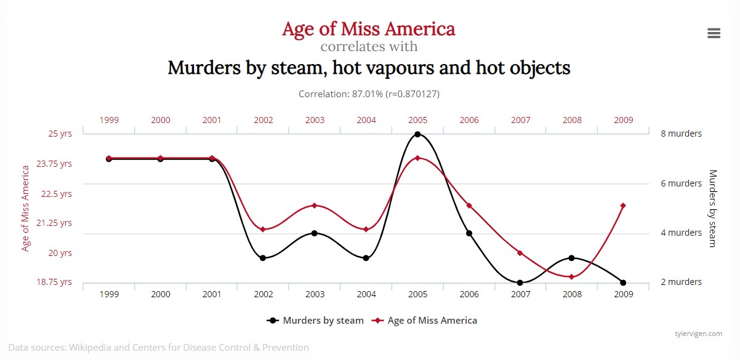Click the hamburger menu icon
pyautogui.click(x=714, y=33)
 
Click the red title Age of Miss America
pyautogui.click(x=368, y=29)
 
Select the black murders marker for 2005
pyautogui.click(x=417, y=134)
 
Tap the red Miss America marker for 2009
pyautogui.click(x=623, y=206)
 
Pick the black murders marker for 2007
pyautogui.click(x=520, y=283)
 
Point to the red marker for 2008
pyautogui.click(x=572, y=277)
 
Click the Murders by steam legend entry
pyautogui.click(x=315, y=321)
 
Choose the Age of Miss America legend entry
pyautogui.click(x=425, y=321)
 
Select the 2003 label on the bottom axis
pyautogui.click(x=315, y=295)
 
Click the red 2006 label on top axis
pyautogui.click(x=469, y=121)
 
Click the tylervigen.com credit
pyautogui.click(x=698, y=334)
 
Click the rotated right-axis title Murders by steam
pyautogui.click(x=713, y=209)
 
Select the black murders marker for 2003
pyautogui.click(x=315, y=233)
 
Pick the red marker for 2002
pyautogui.click(x=263, y=230)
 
